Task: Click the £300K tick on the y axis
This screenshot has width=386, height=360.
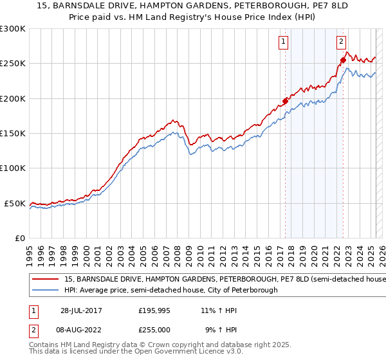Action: tap(13, 29)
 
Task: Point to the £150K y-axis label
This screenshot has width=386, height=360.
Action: tap(13, 134)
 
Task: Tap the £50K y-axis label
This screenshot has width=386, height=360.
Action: tap(15, 203)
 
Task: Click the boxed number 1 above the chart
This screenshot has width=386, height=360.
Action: tap(283, 42)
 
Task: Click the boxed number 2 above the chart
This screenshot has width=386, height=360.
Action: tap(341, 42)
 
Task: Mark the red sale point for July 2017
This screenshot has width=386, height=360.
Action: tap(285, 101)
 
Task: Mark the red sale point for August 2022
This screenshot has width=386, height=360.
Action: tap(343, 60)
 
